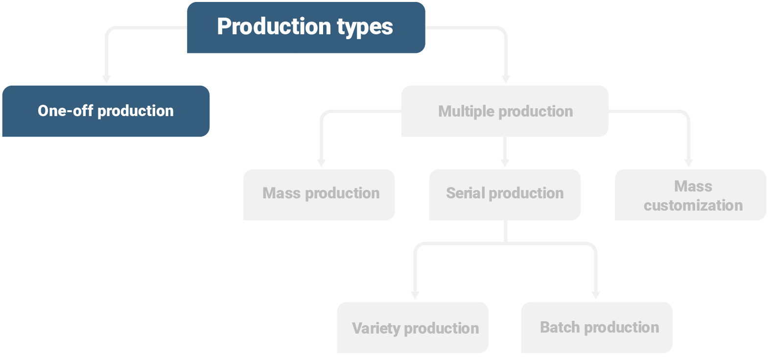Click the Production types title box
(x=306, y=27)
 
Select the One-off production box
(x=106, y=111)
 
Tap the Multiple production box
(x=505, y=111)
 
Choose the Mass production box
(x=319, y=194)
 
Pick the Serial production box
(x=505, y=194)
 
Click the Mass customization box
(x=690, y=194)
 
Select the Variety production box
(x=413, y=327)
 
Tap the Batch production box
(x=597, y=327)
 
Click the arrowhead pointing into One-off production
(x=106, y=79)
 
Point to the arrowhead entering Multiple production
(x=506, y=79)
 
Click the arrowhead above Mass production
(x=321, y=163)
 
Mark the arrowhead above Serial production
(x=505, y=163)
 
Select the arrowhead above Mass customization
(x=688, y=163)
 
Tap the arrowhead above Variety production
(x=415, y=295)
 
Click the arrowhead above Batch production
(x=595, y=295)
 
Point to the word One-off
(x=65, y=111)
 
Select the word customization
(x=693, y=205)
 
